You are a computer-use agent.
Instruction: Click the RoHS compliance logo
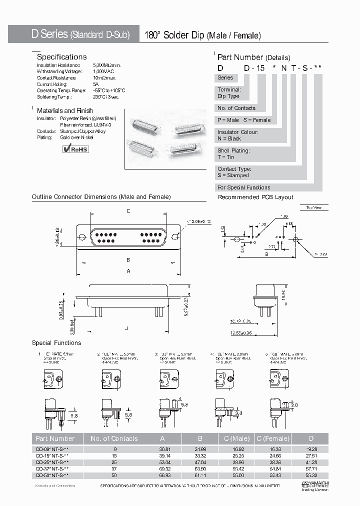click(75, 148)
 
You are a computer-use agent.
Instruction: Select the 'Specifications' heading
click(61, 57)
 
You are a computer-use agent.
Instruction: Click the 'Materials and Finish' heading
click(64, 110)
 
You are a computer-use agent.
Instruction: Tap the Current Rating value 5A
click(96, 84)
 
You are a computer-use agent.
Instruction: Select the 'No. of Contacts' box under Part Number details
click(236, 108)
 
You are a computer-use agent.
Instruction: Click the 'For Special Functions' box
click(244, 187)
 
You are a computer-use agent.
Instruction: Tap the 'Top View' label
click(313, 207)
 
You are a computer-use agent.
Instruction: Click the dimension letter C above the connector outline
click(128, 211)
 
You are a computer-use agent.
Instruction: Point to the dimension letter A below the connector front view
click(128, 271)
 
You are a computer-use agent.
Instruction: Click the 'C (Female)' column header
click(272, 438)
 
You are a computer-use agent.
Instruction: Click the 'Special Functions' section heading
click(56, 343)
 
